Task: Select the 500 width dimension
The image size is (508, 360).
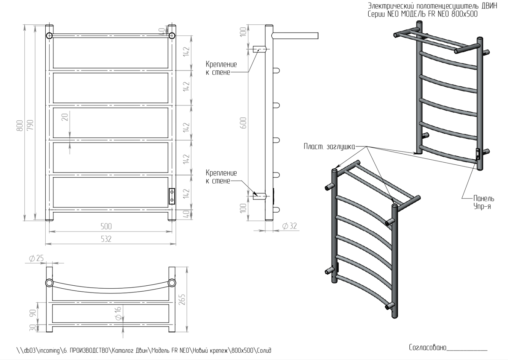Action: pos(106,226)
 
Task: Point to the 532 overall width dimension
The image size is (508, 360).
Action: pos(106,239)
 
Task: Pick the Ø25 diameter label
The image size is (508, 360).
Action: pos(36,258)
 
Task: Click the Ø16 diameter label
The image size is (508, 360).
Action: pos(118,312)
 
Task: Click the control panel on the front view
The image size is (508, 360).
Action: pos(172,196)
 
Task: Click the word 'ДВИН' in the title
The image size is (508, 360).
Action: pos(488,6)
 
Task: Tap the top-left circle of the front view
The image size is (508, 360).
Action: pos(49,35)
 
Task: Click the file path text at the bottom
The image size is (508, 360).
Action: pos(144,351)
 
